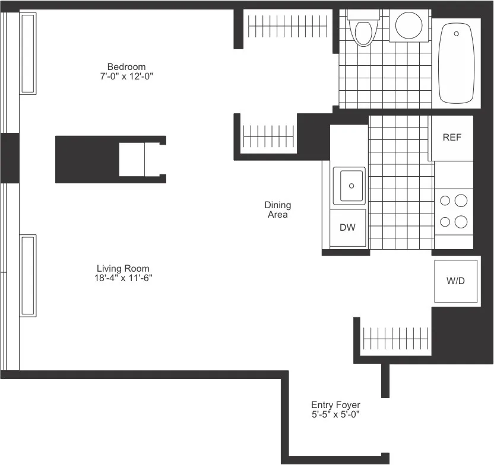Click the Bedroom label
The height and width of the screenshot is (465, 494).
(126, 66)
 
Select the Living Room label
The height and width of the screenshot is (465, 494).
(123, 269)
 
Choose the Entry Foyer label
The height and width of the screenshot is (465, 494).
(335, 405)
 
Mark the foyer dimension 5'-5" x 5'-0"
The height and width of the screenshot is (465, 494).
(335, 415)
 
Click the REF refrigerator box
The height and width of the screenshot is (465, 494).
(452, 138)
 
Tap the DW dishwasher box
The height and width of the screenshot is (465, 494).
(347, 227)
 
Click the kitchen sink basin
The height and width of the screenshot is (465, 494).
(349, 185)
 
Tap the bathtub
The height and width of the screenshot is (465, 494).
(456, 64)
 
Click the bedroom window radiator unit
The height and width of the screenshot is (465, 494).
(28, 53)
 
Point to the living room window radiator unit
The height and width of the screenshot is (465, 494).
(28, 275)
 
